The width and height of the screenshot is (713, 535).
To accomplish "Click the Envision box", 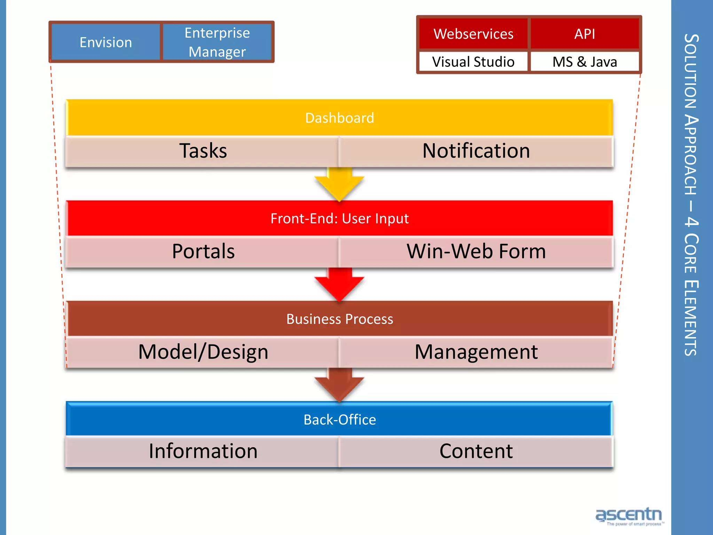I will (105, 42).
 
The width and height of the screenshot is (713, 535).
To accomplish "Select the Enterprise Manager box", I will (217, 42).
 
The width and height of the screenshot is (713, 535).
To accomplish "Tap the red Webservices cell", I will (473, 34).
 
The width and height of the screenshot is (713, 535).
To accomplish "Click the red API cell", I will (585, 34).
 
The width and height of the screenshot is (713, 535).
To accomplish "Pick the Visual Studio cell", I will (473, 62).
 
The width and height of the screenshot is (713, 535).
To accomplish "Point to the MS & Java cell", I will (585, 62).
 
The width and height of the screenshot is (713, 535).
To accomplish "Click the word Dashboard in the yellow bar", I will (339, 118).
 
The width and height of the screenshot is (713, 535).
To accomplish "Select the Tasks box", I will (203, 151).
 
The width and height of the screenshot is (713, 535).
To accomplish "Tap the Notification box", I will (476, 151).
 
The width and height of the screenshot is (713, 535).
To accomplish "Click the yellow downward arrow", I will (339, 183).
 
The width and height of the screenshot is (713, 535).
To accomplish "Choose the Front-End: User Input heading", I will (339, 218).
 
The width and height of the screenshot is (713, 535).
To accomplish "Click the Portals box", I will (203, 251).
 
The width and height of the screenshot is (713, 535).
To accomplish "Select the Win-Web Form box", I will (476, 251).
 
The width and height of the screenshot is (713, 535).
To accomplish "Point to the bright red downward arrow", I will (339, 283).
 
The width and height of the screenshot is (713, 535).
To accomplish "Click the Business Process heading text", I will (339, 319).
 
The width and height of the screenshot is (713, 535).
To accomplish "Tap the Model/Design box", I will (203, 352).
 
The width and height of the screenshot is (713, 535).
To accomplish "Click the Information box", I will (203, 451).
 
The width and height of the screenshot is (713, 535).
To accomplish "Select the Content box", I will (476, 451).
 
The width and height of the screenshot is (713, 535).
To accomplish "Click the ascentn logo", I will (629, 515).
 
